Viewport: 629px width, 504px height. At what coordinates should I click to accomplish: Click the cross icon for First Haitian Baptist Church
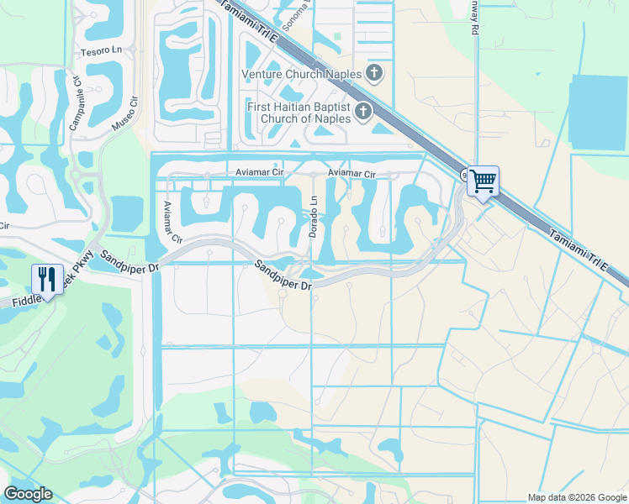click(x=363, y=111)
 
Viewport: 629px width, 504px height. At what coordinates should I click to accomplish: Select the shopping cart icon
click(x=483, y=180)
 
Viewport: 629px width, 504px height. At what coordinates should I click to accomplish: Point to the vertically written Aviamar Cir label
click(x=172, y=222)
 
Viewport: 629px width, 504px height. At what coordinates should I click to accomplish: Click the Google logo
click(x=28, y=494)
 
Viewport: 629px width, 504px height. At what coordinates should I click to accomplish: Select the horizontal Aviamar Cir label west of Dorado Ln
click(x=261, y=174)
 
